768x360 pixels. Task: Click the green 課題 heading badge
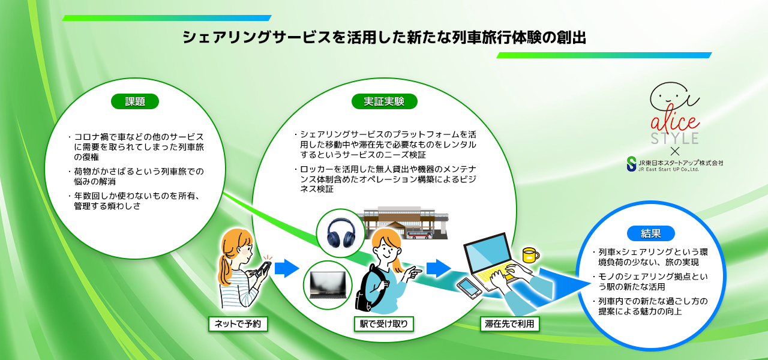[135, 101]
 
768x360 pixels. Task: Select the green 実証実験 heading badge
[384, 101]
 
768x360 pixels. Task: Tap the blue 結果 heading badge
[651, 233]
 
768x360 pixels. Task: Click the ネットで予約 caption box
[238, 324]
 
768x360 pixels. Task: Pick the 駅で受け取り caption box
[384, 324]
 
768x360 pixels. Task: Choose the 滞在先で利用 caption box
[511, 324]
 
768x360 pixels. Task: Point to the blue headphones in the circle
[340, 233]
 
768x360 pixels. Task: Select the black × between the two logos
[674, 151]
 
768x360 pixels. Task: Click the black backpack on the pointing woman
[365, 288]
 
